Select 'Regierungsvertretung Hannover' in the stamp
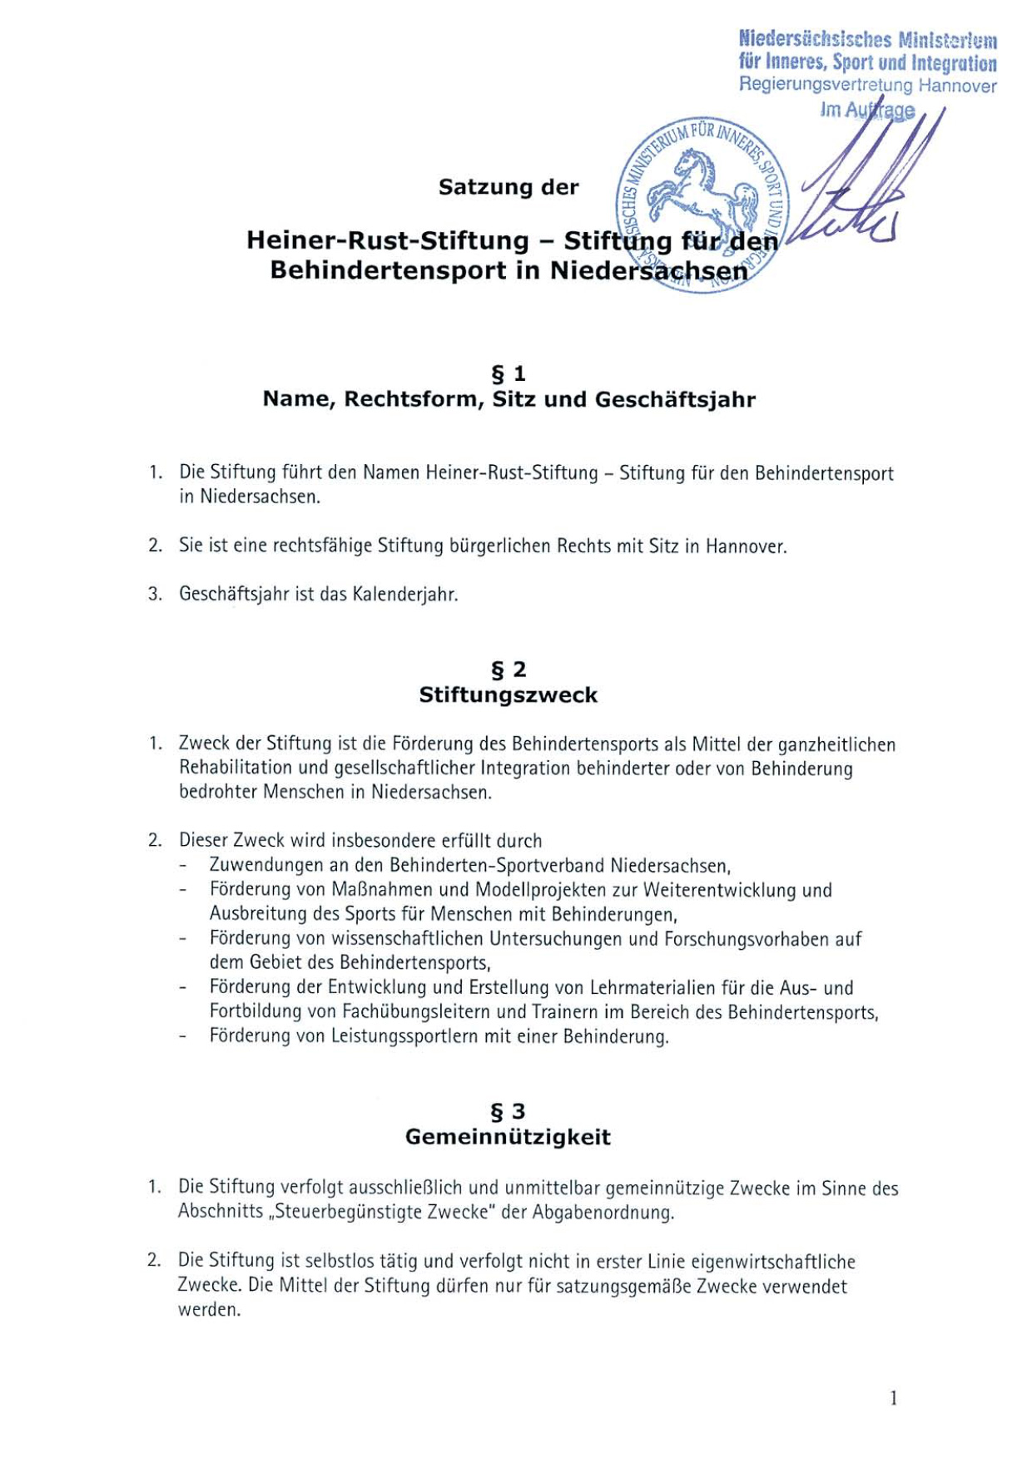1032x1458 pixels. point(867,85)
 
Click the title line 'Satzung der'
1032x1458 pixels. point(509,187)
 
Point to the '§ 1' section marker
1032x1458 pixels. point(509,373)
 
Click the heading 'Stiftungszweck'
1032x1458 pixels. point(509,695)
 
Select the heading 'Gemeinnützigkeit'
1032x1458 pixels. point(508,1137)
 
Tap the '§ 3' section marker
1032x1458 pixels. point(509,1112)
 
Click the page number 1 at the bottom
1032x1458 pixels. point(893,1398)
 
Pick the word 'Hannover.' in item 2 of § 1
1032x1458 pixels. point(746,546)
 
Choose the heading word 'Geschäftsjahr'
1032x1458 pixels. point(675,400)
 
